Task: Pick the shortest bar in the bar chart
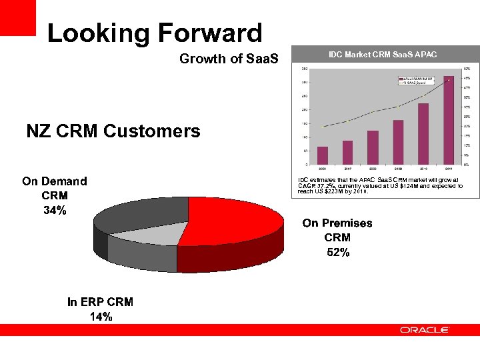[323, 155]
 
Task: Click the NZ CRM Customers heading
[113, 131]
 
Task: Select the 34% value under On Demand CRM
[55, 211]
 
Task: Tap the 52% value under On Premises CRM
[337, 252]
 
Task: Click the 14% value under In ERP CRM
[101, 317]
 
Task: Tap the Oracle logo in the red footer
[425, 330]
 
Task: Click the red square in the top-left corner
[17, 18]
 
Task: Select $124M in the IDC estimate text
[409, 186]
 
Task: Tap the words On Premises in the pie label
[337, 223]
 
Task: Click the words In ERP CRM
[101, 302]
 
